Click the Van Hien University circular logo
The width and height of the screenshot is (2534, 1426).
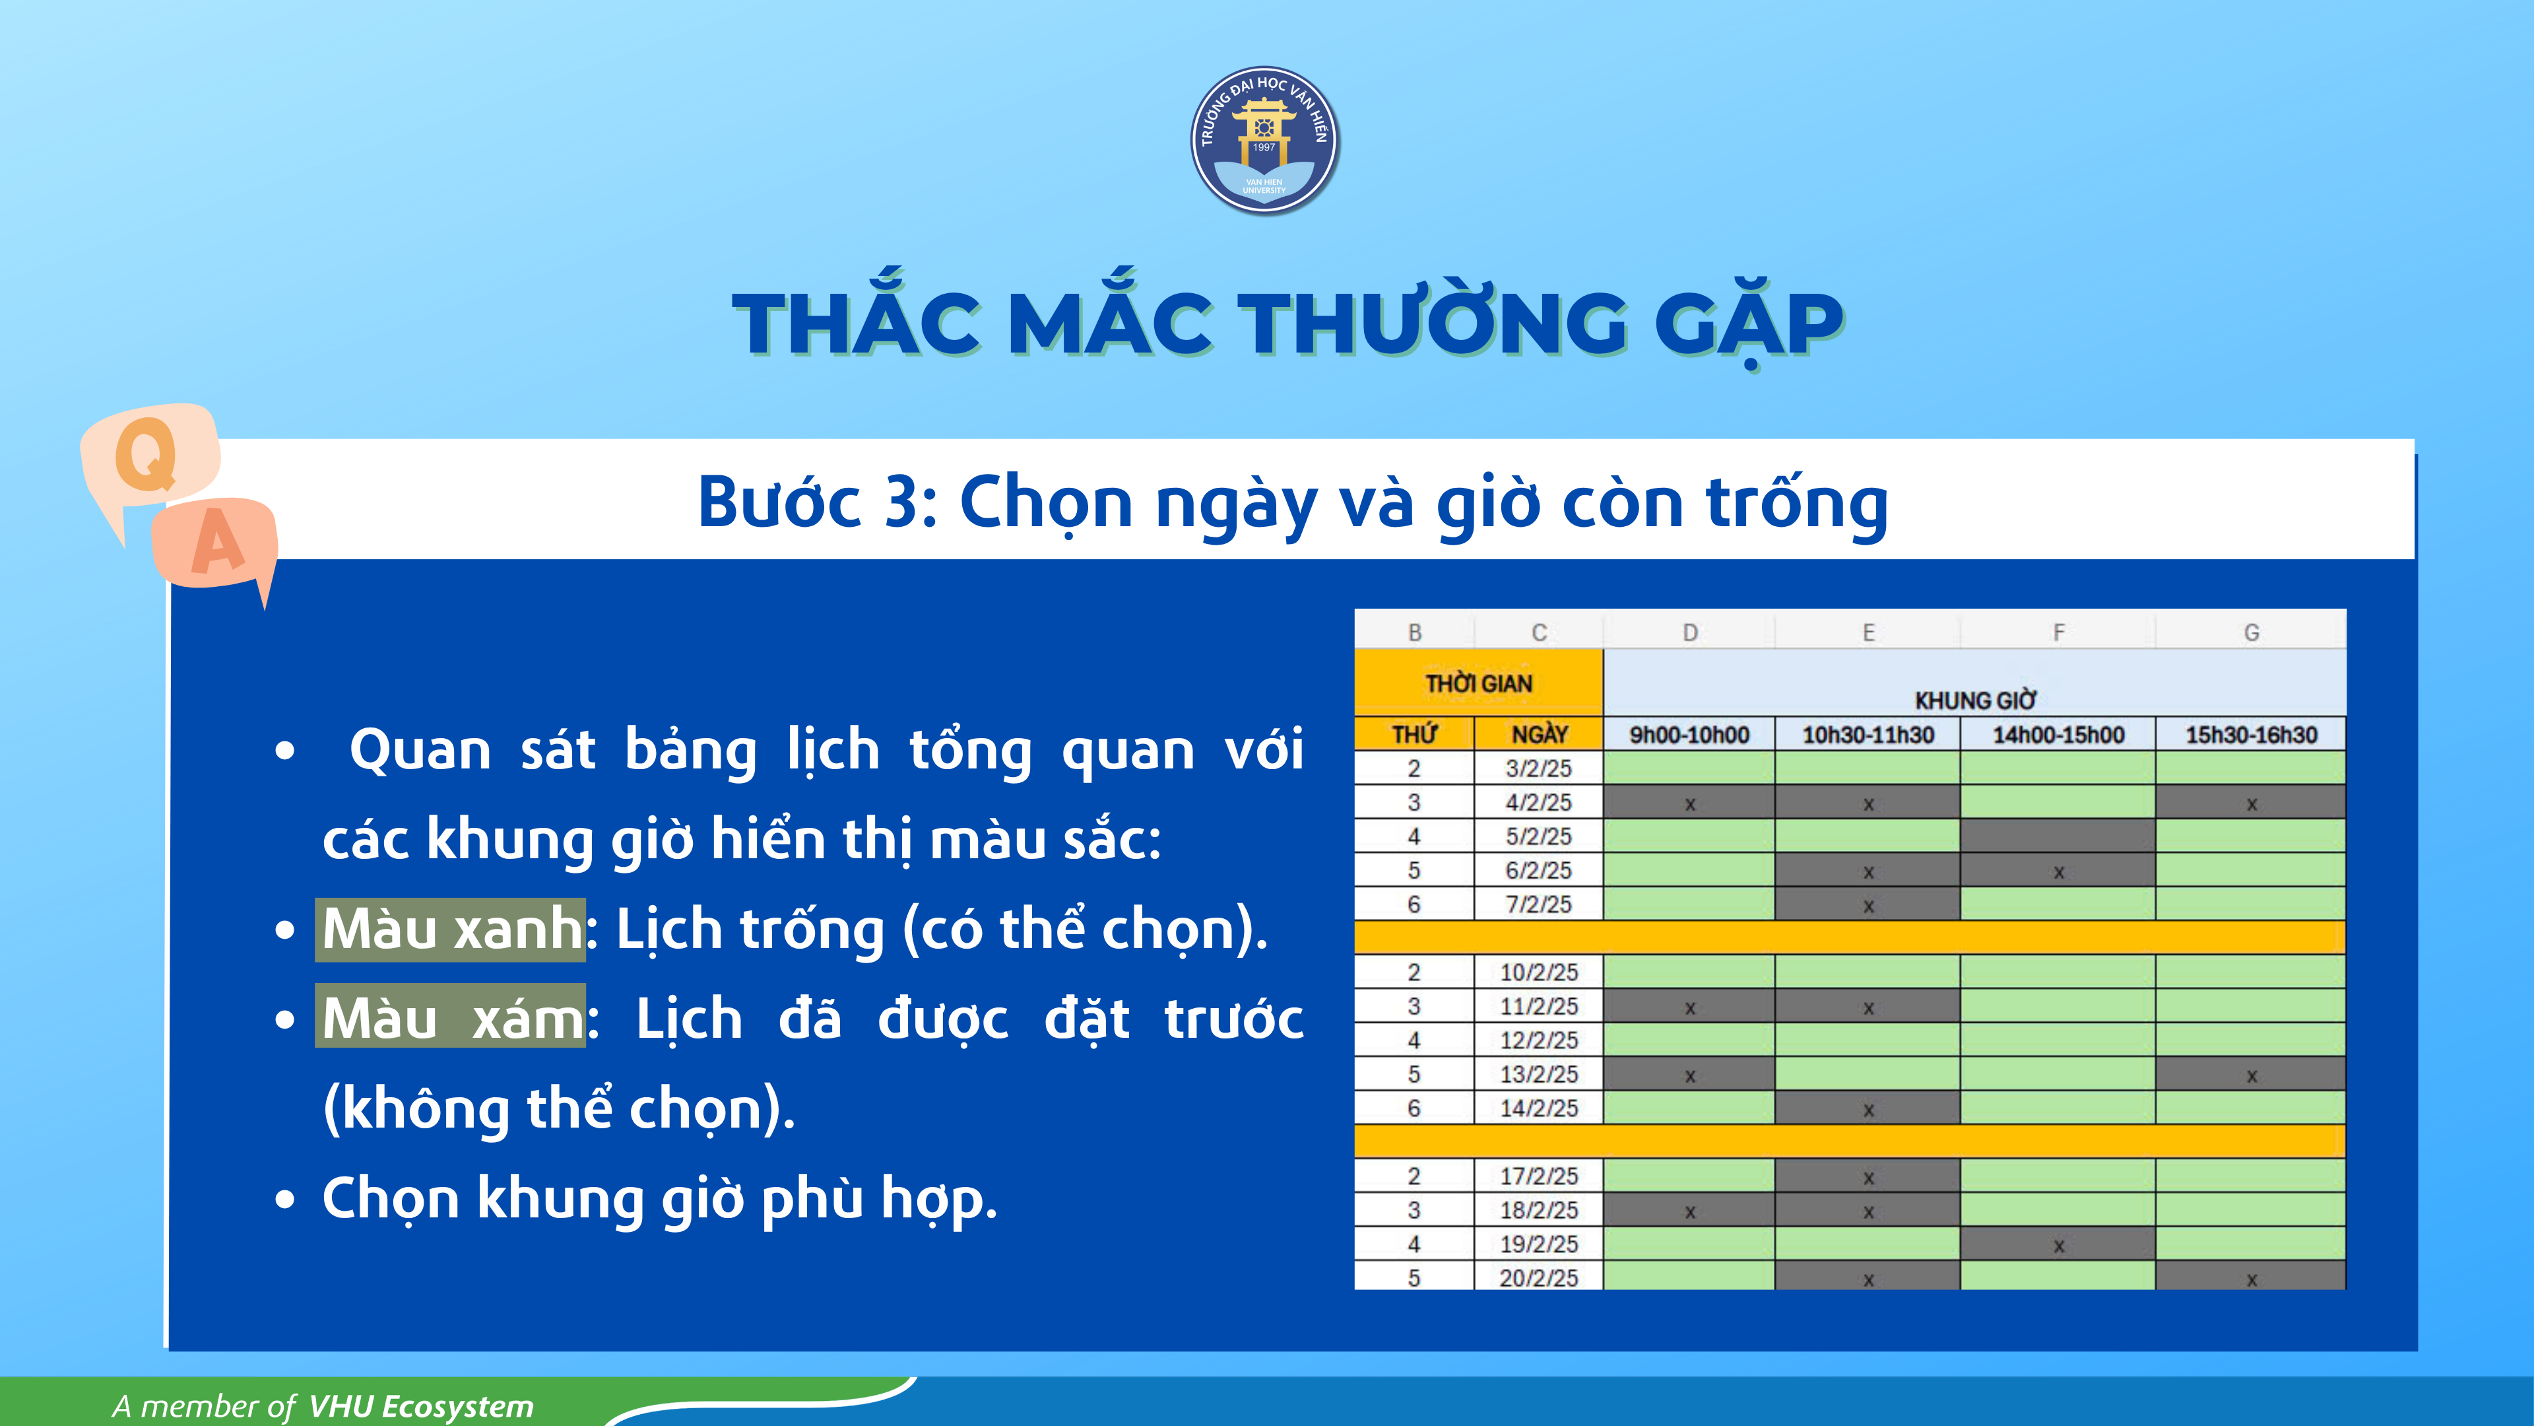(1264, 140)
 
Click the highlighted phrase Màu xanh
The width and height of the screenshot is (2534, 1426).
(451, 929)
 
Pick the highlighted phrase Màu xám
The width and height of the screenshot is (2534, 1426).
(451, 1017)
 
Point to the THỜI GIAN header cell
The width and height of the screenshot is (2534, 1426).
(1478, 683)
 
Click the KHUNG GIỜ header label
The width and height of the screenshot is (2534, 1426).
(1974, 700)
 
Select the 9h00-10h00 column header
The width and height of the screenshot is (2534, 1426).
(1689, 734)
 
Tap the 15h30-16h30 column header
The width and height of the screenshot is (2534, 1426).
(2251, 734)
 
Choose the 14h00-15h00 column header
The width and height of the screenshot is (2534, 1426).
(2058, 734)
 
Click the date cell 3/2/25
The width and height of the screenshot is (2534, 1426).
(1538, 768)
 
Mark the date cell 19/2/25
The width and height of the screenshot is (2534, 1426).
(1538, 1243)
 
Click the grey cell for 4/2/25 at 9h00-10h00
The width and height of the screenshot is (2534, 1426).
(1689, 802)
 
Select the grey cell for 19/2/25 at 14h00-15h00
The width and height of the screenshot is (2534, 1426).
(2058, 1243)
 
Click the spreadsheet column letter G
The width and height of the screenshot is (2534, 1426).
(2251, 632)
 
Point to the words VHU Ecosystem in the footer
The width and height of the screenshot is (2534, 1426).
(421, 1406)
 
